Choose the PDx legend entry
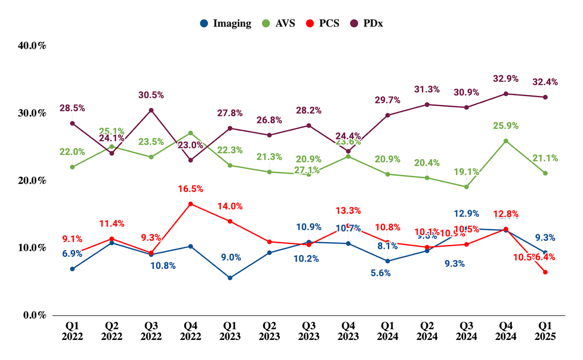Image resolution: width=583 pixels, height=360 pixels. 365,24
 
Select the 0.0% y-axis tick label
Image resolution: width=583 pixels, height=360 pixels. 35,315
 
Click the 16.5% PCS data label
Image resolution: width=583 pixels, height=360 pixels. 190,189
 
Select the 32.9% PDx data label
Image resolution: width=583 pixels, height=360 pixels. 506,78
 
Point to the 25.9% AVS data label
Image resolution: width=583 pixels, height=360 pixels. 506,126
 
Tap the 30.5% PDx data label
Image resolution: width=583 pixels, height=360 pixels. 151,95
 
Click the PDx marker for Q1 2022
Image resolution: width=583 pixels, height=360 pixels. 72,123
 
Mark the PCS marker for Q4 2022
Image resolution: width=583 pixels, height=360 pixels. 190,204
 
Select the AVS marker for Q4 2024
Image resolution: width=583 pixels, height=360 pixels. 506,141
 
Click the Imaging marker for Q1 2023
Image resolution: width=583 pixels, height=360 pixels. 230,278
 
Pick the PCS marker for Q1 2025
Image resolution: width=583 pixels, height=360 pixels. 545,272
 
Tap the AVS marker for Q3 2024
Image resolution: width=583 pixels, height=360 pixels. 466,186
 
